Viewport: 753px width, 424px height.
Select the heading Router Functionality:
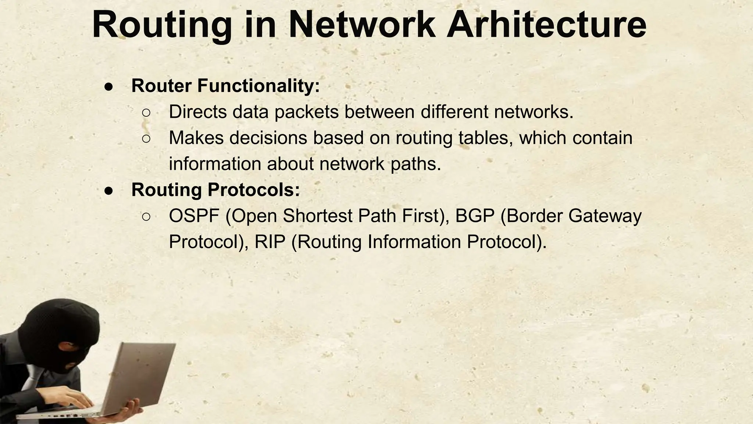[225, 86]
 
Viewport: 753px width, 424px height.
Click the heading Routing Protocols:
[215, 190]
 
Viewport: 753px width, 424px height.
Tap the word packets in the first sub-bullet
[306, 112]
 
